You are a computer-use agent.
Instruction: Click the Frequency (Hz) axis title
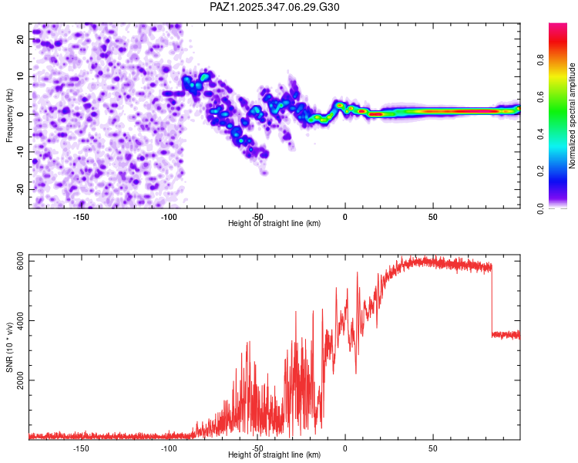coord(9,114)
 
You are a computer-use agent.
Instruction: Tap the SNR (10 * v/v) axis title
coord(9,346)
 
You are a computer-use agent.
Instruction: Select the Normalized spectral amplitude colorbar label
coord(573,116)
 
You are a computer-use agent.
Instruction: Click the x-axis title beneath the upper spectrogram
coord(274,224)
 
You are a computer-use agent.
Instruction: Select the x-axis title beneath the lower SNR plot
coord(274,455)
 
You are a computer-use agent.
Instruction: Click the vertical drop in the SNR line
coord(492,301)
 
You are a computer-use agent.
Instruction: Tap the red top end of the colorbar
coord(558,28)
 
